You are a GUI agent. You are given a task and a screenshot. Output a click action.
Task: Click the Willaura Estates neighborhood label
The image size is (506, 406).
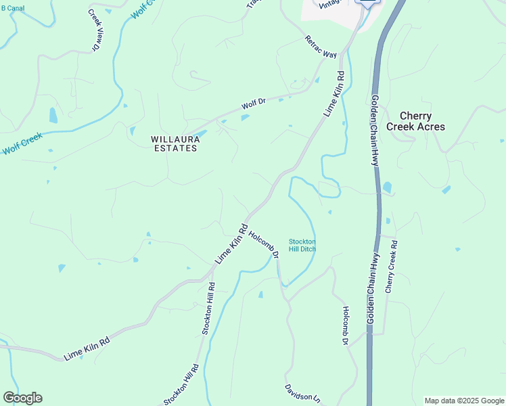(174, 143)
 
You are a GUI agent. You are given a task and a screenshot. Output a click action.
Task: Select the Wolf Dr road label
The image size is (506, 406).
(254, 104)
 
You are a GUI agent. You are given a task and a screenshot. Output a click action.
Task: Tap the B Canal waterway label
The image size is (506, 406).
(14, 9)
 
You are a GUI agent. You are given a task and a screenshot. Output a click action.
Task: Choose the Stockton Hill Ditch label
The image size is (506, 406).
(302, 245)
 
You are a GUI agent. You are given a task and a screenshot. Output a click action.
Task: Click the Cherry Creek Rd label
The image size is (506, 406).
(391, 266)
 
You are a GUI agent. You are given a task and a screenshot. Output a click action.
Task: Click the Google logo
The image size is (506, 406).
(22, 398)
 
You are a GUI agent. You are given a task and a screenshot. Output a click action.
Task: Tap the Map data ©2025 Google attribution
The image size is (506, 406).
(464, 401)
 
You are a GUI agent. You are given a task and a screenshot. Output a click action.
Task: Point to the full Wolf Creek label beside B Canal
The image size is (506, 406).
(22, 143)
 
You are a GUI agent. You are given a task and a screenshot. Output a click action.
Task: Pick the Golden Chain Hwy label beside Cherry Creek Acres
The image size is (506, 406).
(374, 131)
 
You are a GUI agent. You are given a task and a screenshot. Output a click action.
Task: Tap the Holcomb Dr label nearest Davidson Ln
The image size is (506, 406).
(344, 326)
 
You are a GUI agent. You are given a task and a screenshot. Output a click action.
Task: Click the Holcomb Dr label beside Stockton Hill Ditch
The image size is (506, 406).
(264, 245)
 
